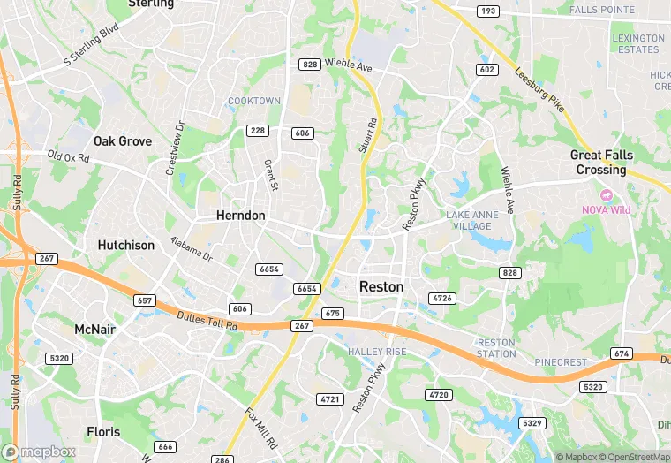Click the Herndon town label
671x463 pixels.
coord(241,216)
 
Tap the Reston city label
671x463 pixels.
coord(381,287)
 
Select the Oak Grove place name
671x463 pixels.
coord(123,141)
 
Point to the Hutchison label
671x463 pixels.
coord(126,246)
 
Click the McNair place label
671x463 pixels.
coord(95,329)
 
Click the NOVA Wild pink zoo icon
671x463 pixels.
coord(606,194)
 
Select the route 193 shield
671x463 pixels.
coord(487,11)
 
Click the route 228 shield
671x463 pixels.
coord(258,131)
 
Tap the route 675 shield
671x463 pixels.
coord(332,314)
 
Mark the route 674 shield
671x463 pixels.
coord(621,353)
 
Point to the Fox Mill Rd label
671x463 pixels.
coord(260,425)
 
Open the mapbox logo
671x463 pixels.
coord(40,452)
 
